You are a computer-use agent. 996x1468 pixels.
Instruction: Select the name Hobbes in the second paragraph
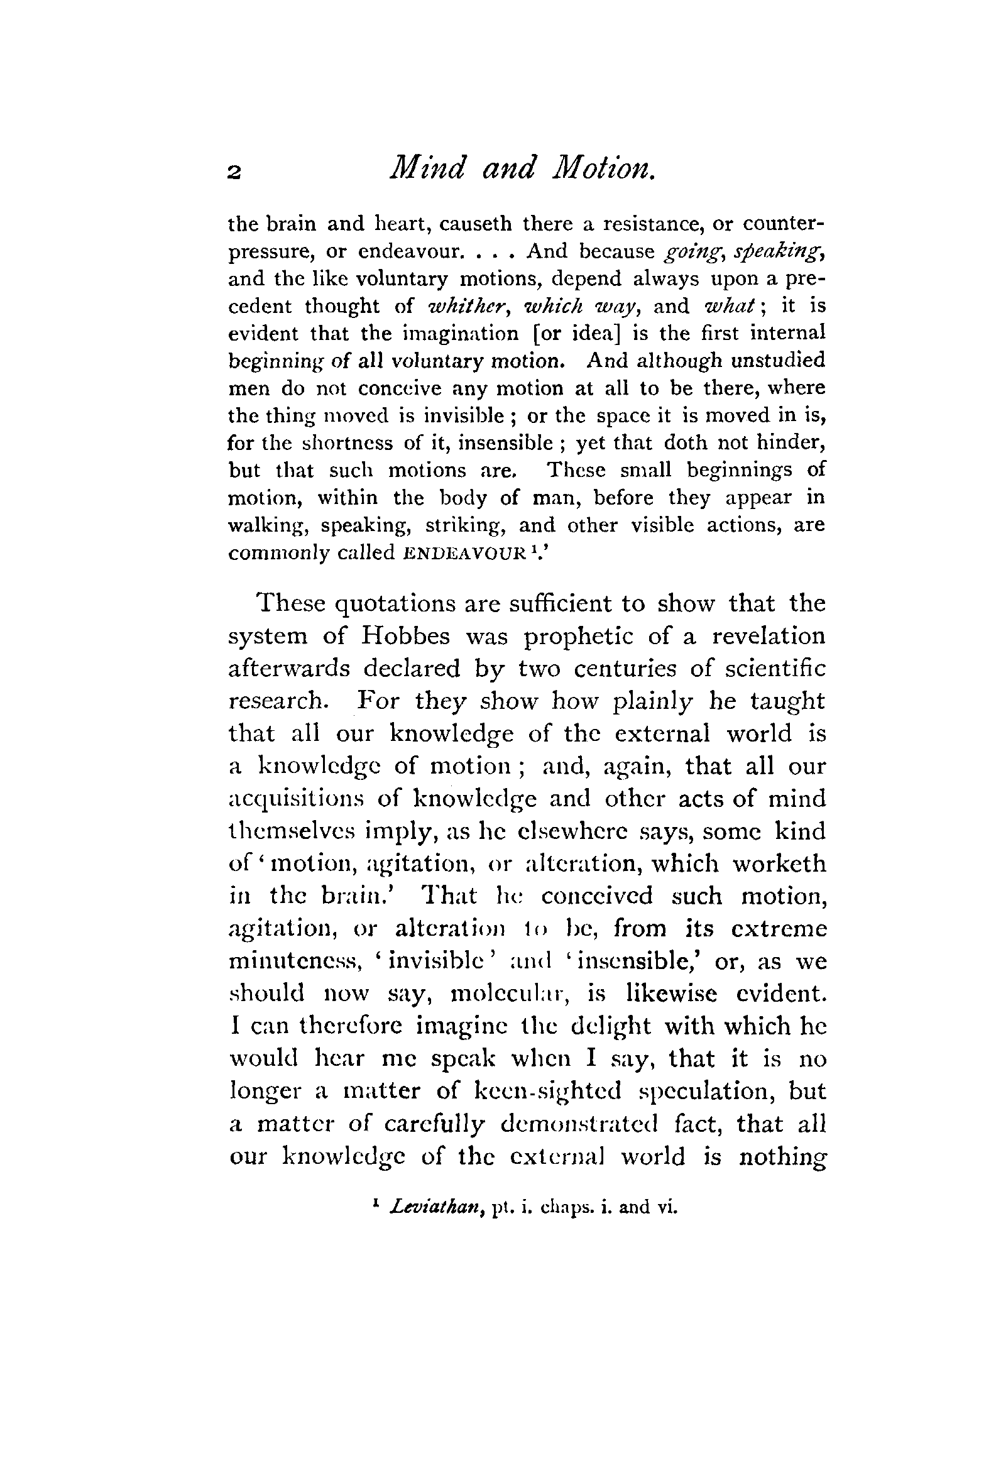pos(405,636)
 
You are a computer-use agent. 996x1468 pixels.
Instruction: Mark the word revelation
pos(768,635)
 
